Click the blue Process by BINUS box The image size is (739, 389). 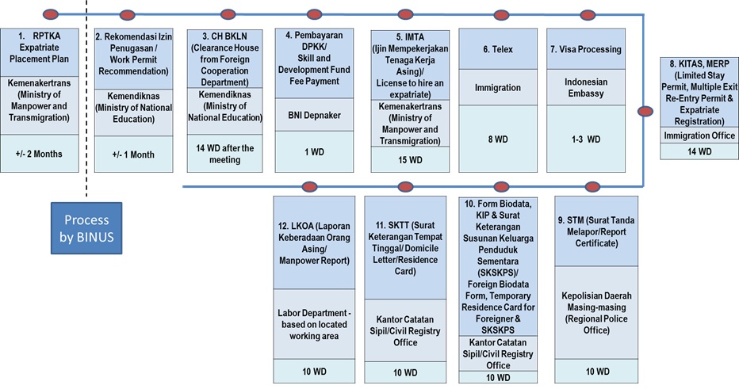[86, 228]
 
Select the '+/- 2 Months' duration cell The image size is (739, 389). [39, 154]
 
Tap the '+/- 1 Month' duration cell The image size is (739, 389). [133, 154]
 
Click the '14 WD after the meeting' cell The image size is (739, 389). [225, 154]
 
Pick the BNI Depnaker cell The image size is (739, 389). [314, 115]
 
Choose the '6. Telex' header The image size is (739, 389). [498, 49]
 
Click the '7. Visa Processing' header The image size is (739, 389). [586, 49]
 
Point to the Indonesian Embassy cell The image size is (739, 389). [586, 88]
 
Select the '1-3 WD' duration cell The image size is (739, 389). [586, 139]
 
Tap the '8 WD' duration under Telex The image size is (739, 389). [498, 139]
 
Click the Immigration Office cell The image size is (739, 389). [699, 135]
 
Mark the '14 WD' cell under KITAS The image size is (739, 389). [699, 151]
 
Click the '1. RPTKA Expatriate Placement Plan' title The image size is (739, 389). [39, 47]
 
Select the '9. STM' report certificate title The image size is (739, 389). [596, 231]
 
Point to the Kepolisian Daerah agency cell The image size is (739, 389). [596, 313]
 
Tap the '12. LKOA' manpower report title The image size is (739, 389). [314, 243]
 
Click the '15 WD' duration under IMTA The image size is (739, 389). [410, 160]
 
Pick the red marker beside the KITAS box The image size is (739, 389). [645, 112]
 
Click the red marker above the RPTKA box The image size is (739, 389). [51, 14]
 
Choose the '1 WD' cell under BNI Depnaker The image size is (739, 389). [314, 151]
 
